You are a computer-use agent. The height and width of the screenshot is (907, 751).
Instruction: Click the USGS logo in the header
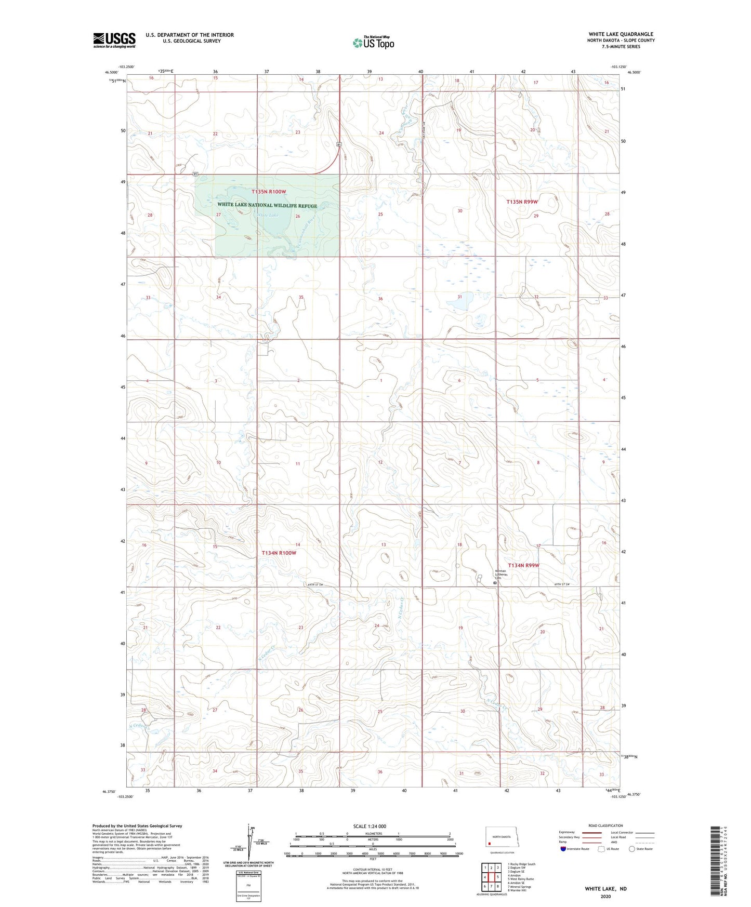tap(114, 40)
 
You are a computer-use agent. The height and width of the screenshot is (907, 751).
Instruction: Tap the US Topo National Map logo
tap(373, 43)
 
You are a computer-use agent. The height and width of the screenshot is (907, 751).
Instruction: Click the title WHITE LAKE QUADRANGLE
tap(621, 34)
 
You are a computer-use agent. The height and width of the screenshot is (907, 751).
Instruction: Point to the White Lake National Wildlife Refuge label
tap(267, 205)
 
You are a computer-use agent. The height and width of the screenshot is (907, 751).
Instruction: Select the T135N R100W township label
tap(269, 192)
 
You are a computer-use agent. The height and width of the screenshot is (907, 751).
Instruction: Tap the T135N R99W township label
tap(522, 202)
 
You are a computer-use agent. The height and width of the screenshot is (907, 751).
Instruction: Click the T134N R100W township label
tap(279, 553)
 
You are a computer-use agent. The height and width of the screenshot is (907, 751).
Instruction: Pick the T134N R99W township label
tap(523, 565)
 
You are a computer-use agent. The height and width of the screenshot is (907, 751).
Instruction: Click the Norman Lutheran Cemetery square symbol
tap(495, 583)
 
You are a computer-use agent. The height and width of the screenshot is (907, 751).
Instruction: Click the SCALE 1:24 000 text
tap(370, 826)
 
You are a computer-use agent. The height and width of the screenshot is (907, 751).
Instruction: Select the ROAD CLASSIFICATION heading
tap(605, 825)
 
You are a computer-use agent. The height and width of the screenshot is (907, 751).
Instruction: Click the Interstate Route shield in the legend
tap(564, 849)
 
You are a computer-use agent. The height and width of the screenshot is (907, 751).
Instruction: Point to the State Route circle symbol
tap(632, 849)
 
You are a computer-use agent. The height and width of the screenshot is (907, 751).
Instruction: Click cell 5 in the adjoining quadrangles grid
tap(498, 877)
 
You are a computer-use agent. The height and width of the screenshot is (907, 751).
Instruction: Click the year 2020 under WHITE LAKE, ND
tap(605, 896)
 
